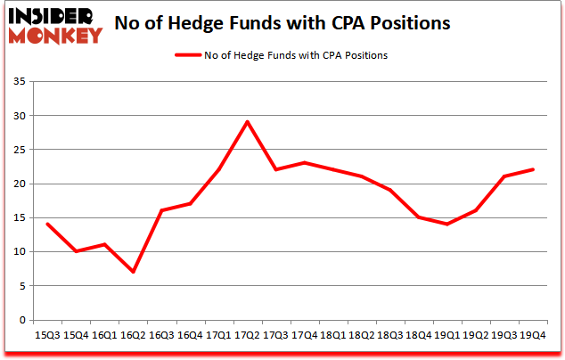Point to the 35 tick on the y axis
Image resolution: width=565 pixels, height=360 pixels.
(20, 82)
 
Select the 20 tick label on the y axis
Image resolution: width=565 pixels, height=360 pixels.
(20, 184)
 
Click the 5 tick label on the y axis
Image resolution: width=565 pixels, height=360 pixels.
(22, 286)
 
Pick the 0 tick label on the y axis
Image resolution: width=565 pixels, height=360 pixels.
(22, 320)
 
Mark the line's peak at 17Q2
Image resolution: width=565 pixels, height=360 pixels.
(247, 122)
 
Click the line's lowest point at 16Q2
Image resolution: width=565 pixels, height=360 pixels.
(133, 272)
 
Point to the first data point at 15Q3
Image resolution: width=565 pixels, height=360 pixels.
(47, 224)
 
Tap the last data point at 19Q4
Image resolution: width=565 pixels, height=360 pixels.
(532, 169)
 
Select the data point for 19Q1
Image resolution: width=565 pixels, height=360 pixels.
(446, 224)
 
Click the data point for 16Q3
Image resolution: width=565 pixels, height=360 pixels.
(161, 210)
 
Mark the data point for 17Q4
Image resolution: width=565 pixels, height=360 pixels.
(304, 163)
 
